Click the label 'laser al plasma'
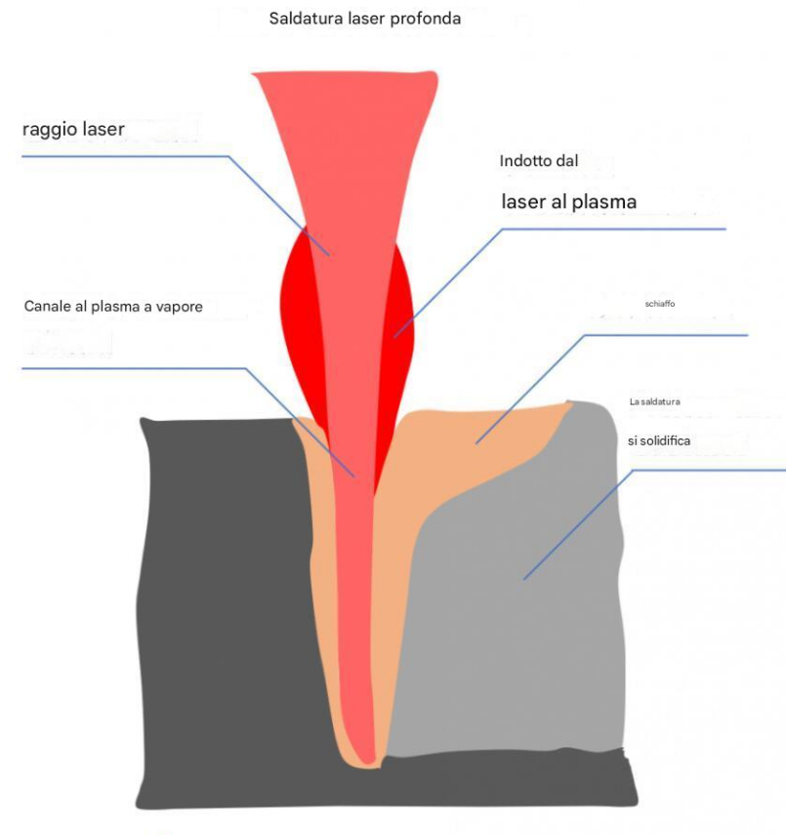(568, 202)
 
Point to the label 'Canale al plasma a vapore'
(112, 308)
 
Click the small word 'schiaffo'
(660, 304)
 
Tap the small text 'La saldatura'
(654, 401)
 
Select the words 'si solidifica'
(658, 441)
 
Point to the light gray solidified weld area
(527, 605)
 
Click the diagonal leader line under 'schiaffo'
(527, 391)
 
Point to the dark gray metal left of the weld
(215, 586)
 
